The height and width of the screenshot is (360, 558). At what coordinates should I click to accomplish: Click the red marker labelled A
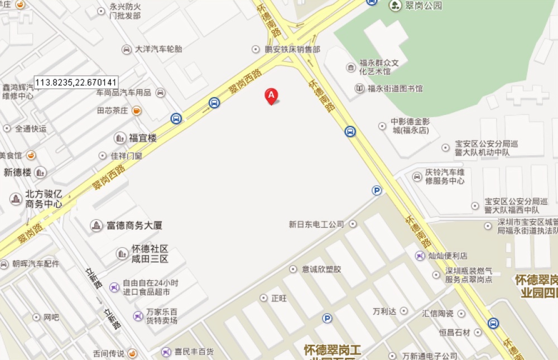click(x=271, y=96)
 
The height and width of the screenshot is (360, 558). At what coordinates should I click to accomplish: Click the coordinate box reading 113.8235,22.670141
click(x=76, y=83)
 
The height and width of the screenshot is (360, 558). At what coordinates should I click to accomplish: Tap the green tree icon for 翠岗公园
click(x=395, y=6)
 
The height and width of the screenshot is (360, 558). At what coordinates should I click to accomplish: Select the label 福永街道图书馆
click(x=395, y=88)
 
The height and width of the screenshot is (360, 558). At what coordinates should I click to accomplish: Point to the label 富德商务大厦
click(x=134, y=225)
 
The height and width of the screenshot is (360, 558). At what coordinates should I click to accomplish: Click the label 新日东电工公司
click(x=316, y=224)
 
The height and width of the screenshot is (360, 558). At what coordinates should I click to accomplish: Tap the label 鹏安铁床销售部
click(x=293, y=49)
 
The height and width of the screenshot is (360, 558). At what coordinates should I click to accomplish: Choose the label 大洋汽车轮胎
click(x=158, y=49)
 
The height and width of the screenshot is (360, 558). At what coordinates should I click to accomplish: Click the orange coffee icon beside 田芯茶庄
click(x=137, y=111)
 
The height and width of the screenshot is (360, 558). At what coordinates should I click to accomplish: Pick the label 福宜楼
click(x=143, y=138)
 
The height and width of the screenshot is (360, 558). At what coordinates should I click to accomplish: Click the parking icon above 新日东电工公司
click(x=377, y=190)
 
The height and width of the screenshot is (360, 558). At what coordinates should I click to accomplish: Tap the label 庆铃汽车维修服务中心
click(x=445, y=176)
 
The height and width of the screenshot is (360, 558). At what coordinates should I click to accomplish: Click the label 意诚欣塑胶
click(x=321, y=269)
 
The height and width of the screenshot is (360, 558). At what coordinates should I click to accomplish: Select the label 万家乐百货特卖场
click(x=162, y=316)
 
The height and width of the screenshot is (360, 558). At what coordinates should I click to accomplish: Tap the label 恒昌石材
click(x=455, y=332)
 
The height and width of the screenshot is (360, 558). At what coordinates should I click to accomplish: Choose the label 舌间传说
click(x=108, y=353)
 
